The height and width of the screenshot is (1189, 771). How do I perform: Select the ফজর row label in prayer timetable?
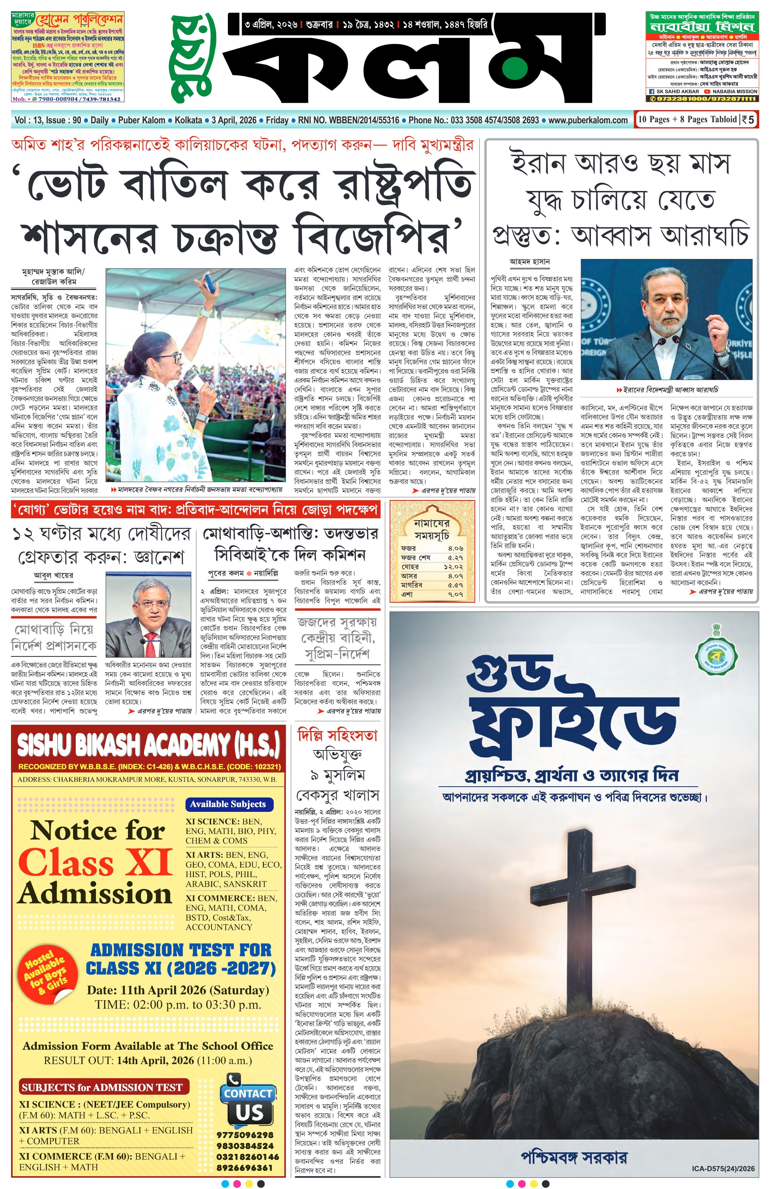[408, 548]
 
